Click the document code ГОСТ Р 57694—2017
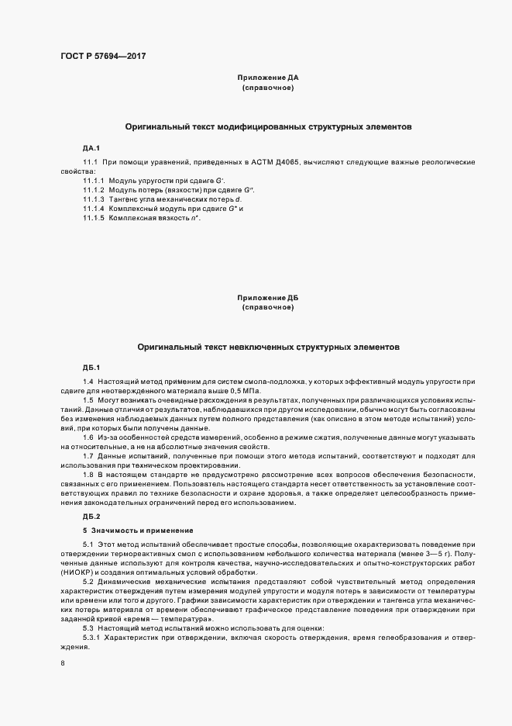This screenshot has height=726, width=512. point(103,57)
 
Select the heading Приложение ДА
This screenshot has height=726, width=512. point(267,78)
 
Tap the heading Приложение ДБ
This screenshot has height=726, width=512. point(267,297)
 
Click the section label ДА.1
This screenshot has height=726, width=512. point(91,147)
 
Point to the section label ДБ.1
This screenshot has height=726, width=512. point(91,367)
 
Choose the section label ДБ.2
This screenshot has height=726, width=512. point(91,516)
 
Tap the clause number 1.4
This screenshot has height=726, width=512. point(88,382)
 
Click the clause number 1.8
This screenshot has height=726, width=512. point(88,473)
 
